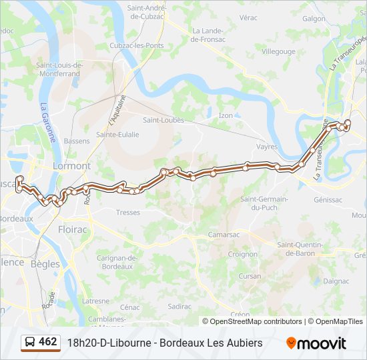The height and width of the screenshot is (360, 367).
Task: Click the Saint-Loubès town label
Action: pos(163,121)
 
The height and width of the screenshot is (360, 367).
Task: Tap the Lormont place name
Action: pos(71,165)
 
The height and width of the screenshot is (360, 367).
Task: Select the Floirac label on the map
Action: pos(73,229)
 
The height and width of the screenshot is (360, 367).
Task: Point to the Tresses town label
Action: pos(127,213)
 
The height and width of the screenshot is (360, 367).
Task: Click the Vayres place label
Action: pos(267,146)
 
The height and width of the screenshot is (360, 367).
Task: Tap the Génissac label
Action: pos(328,199)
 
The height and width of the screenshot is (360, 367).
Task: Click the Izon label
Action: pos(226,115)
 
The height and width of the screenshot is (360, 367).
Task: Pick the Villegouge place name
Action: pos(278,51)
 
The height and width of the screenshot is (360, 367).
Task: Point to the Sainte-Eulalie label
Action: pos(117,134)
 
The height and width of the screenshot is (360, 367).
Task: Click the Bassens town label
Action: pos(77,141)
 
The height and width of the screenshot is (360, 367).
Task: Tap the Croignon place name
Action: pos(243,254)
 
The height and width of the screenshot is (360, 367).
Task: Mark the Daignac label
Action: pos(336,281)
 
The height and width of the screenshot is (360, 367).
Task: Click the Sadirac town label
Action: pos(180,306)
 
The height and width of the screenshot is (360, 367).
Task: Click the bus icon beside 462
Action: pos(29,342)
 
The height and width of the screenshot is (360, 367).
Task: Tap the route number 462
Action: pos(48,341)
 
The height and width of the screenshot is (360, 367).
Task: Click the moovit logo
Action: pos(316,343)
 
